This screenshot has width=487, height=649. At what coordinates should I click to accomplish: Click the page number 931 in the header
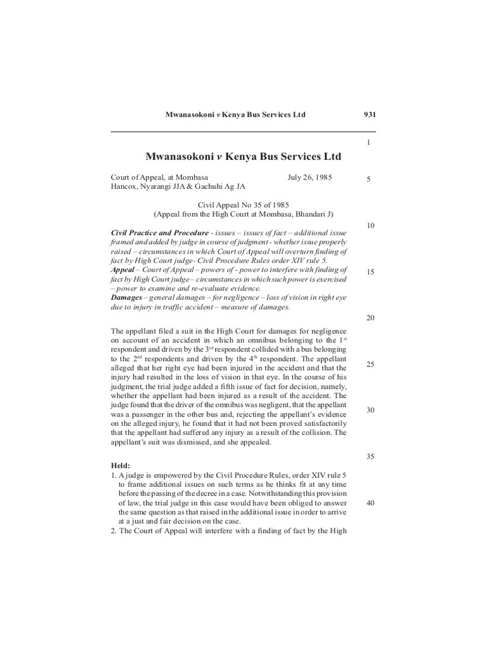click(x=370, y=115)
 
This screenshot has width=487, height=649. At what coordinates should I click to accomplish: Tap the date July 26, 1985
click(x=309, y=177)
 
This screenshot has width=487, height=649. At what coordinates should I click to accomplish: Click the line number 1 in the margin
click(x=368, y=143)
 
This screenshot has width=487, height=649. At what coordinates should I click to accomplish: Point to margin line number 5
click(x=368, y=180)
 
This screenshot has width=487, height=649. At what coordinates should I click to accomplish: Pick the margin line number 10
click(x=370, y=226)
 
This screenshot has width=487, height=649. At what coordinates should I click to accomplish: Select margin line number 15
click(x=370, y=272)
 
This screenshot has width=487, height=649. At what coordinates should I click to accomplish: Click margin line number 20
click(x=370, y=318)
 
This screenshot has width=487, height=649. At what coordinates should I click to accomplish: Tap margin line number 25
click(x=370, y=364)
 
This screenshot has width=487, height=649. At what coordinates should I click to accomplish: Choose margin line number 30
click(x=370, y=410)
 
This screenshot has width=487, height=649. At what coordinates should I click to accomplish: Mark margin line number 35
click(x=370, y=456)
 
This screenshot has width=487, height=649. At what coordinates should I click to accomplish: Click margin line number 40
click(x=370, y=503)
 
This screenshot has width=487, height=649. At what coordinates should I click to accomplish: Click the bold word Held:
click(x=122, y=465)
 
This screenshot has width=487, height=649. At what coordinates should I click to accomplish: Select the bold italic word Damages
click(x=126, y=297)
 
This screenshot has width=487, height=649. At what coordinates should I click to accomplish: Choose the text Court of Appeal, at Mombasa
click(x=159, y=177)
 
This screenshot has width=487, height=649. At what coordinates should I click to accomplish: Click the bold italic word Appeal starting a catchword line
click(x=122, y=269)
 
